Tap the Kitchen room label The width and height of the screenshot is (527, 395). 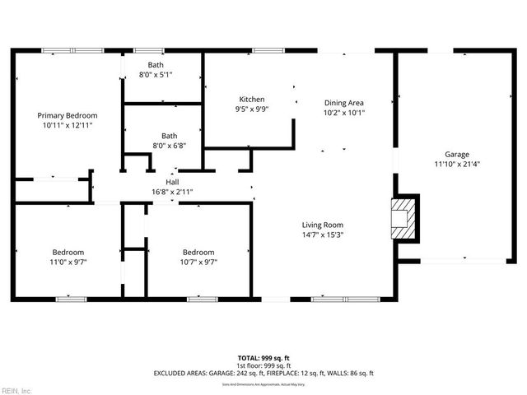point(251,99)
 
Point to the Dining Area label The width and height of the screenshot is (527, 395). point(344,103)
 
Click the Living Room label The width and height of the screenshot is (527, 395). point(322,225)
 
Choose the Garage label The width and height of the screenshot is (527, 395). point(457,154)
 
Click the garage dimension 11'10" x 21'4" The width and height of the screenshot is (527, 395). point(457,164)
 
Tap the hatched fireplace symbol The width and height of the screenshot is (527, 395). point(403,218)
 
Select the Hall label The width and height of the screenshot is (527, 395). point(172,182)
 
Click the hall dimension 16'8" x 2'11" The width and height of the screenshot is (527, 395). point(172,192)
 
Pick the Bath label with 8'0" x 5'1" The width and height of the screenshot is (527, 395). point(156,64)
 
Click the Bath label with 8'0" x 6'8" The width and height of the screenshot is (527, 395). point(169,136)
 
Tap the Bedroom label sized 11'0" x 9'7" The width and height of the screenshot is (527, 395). point(68,253)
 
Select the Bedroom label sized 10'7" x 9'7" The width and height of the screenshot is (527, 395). point(198,253)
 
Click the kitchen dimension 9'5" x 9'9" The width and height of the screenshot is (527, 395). point(251,109)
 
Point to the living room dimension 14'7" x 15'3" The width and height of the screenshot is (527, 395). point(322,235)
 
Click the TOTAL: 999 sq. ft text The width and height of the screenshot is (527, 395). point(263,358)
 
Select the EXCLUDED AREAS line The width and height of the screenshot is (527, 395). point(263,374)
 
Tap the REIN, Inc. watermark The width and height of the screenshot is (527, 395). point(16,390)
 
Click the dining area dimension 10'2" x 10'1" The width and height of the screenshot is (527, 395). point(344,113)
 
